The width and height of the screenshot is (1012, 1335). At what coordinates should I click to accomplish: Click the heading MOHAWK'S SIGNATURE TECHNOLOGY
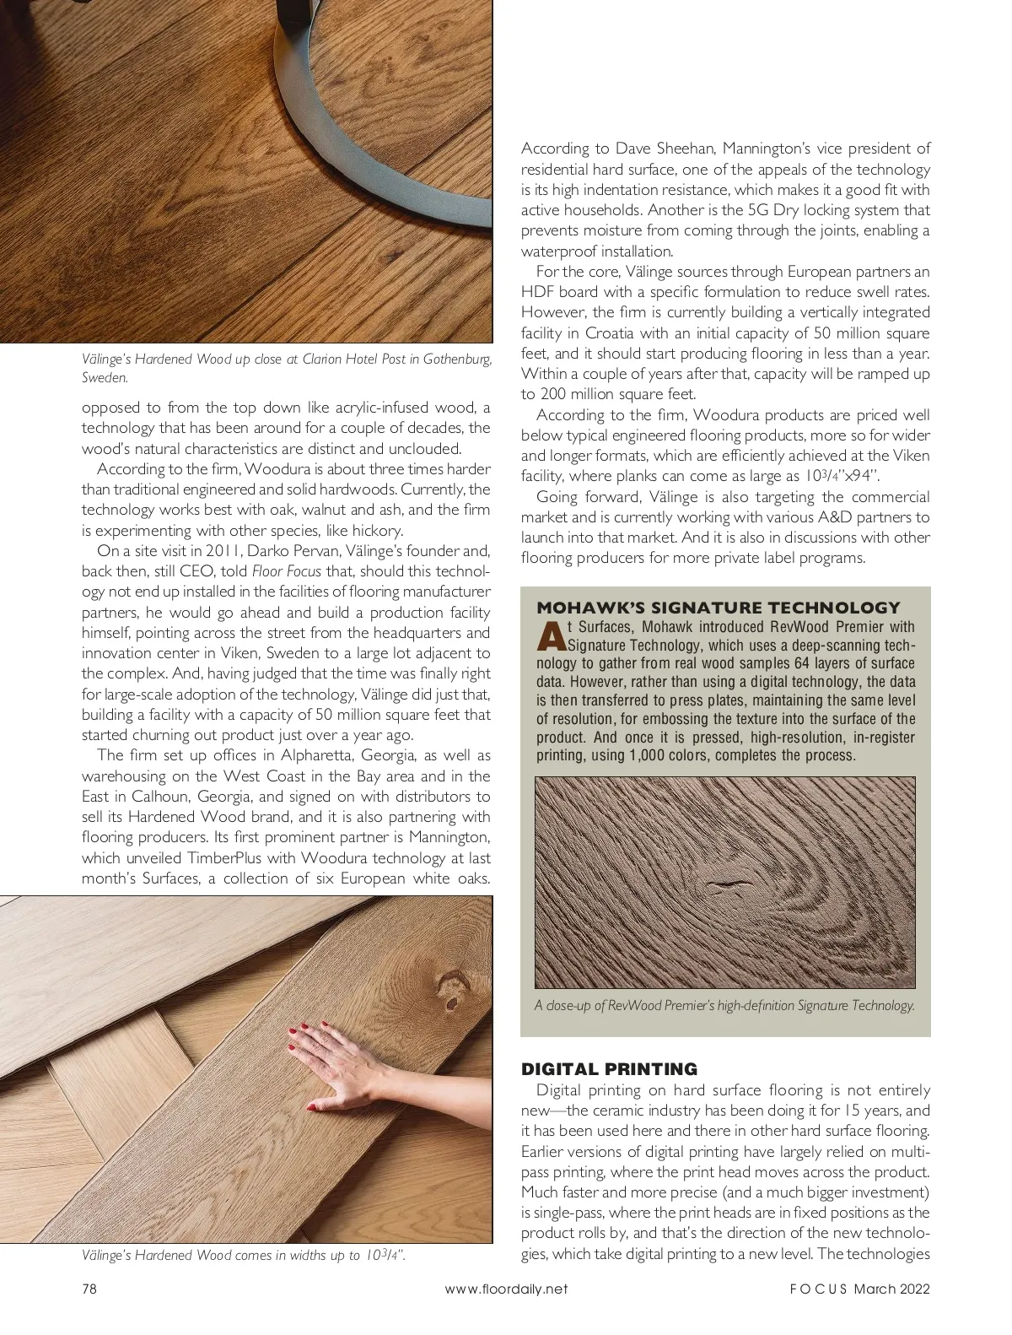719,608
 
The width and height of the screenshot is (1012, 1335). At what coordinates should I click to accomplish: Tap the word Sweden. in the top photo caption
104,377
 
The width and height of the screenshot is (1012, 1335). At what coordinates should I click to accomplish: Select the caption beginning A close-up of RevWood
724,1005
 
